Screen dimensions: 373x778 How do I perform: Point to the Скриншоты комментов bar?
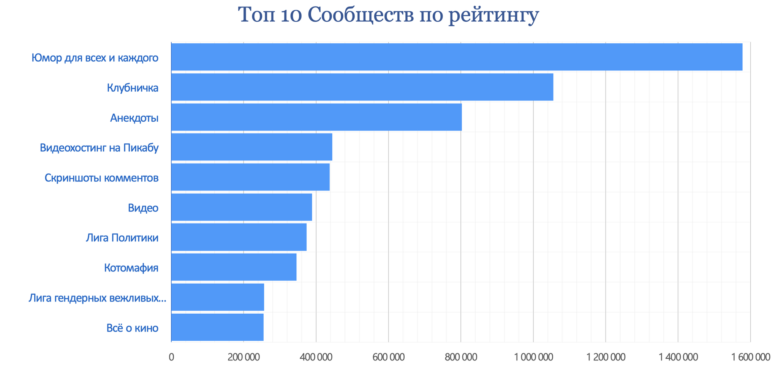pyautogui.click(x=250, y=177)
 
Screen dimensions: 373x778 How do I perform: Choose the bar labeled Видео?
pyautogui.click(x=242, y=207)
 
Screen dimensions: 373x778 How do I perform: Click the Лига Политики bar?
pyautogui.click(x=239, y=237)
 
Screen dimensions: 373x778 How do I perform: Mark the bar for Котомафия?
pyautogui.click(x=234, y=267)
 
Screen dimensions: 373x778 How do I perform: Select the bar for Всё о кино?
pyautogui.click(x=217, y=327)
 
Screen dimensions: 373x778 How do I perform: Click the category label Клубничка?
pyautogui.click(x=133, y=88)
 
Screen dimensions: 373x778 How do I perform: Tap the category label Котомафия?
pyautogui.click(x=131, y=268)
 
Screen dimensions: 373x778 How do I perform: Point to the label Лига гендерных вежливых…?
pyautogui.click(x=97, y=298)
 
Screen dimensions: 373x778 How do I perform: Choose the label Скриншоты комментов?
pyautogui.click(x=101, y=178)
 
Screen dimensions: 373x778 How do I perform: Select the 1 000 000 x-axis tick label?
pyautogui.click(x=533, y=358)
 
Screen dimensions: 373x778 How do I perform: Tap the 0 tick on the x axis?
pyautogui.click(x=171, y=358)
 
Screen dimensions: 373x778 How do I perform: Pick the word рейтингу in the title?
pyautogui.click(x=494, y=16)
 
